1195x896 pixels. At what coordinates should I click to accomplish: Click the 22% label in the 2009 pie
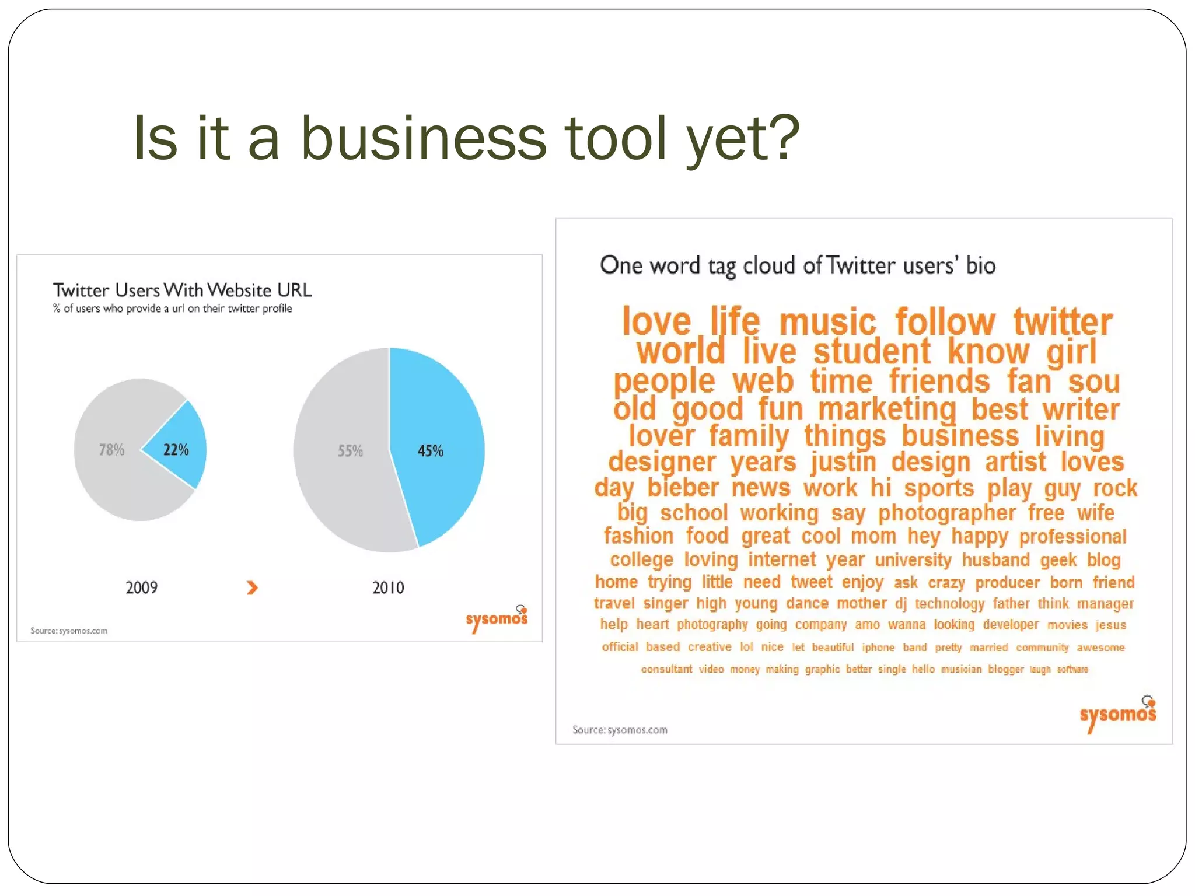176,450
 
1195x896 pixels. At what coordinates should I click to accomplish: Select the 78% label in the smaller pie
111,450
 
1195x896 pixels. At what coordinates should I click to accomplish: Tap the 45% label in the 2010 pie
431,451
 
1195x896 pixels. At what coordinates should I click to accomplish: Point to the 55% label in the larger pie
350,451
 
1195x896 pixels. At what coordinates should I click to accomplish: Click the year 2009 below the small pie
142,587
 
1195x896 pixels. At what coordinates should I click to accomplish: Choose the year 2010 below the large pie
388,587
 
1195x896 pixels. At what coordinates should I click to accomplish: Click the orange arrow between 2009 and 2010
252,587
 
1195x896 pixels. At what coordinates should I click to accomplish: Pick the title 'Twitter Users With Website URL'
182,290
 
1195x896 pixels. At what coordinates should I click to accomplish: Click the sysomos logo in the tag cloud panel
1117,714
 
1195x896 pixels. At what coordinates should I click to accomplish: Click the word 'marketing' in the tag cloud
887,409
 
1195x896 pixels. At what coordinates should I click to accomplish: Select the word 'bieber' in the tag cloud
683,488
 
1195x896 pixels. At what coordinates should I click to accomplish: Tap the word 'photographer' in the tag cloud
946,513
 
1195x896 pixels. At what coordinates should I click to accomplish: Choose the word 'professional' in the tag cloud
1072,537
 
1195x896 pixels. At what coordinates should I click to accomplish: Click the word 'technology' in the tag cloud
949,604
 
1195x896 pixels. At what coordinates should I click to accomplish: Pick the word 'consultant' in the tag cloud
666,669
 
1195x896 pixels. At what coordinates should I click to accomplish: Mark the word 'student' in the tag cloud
872,352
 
